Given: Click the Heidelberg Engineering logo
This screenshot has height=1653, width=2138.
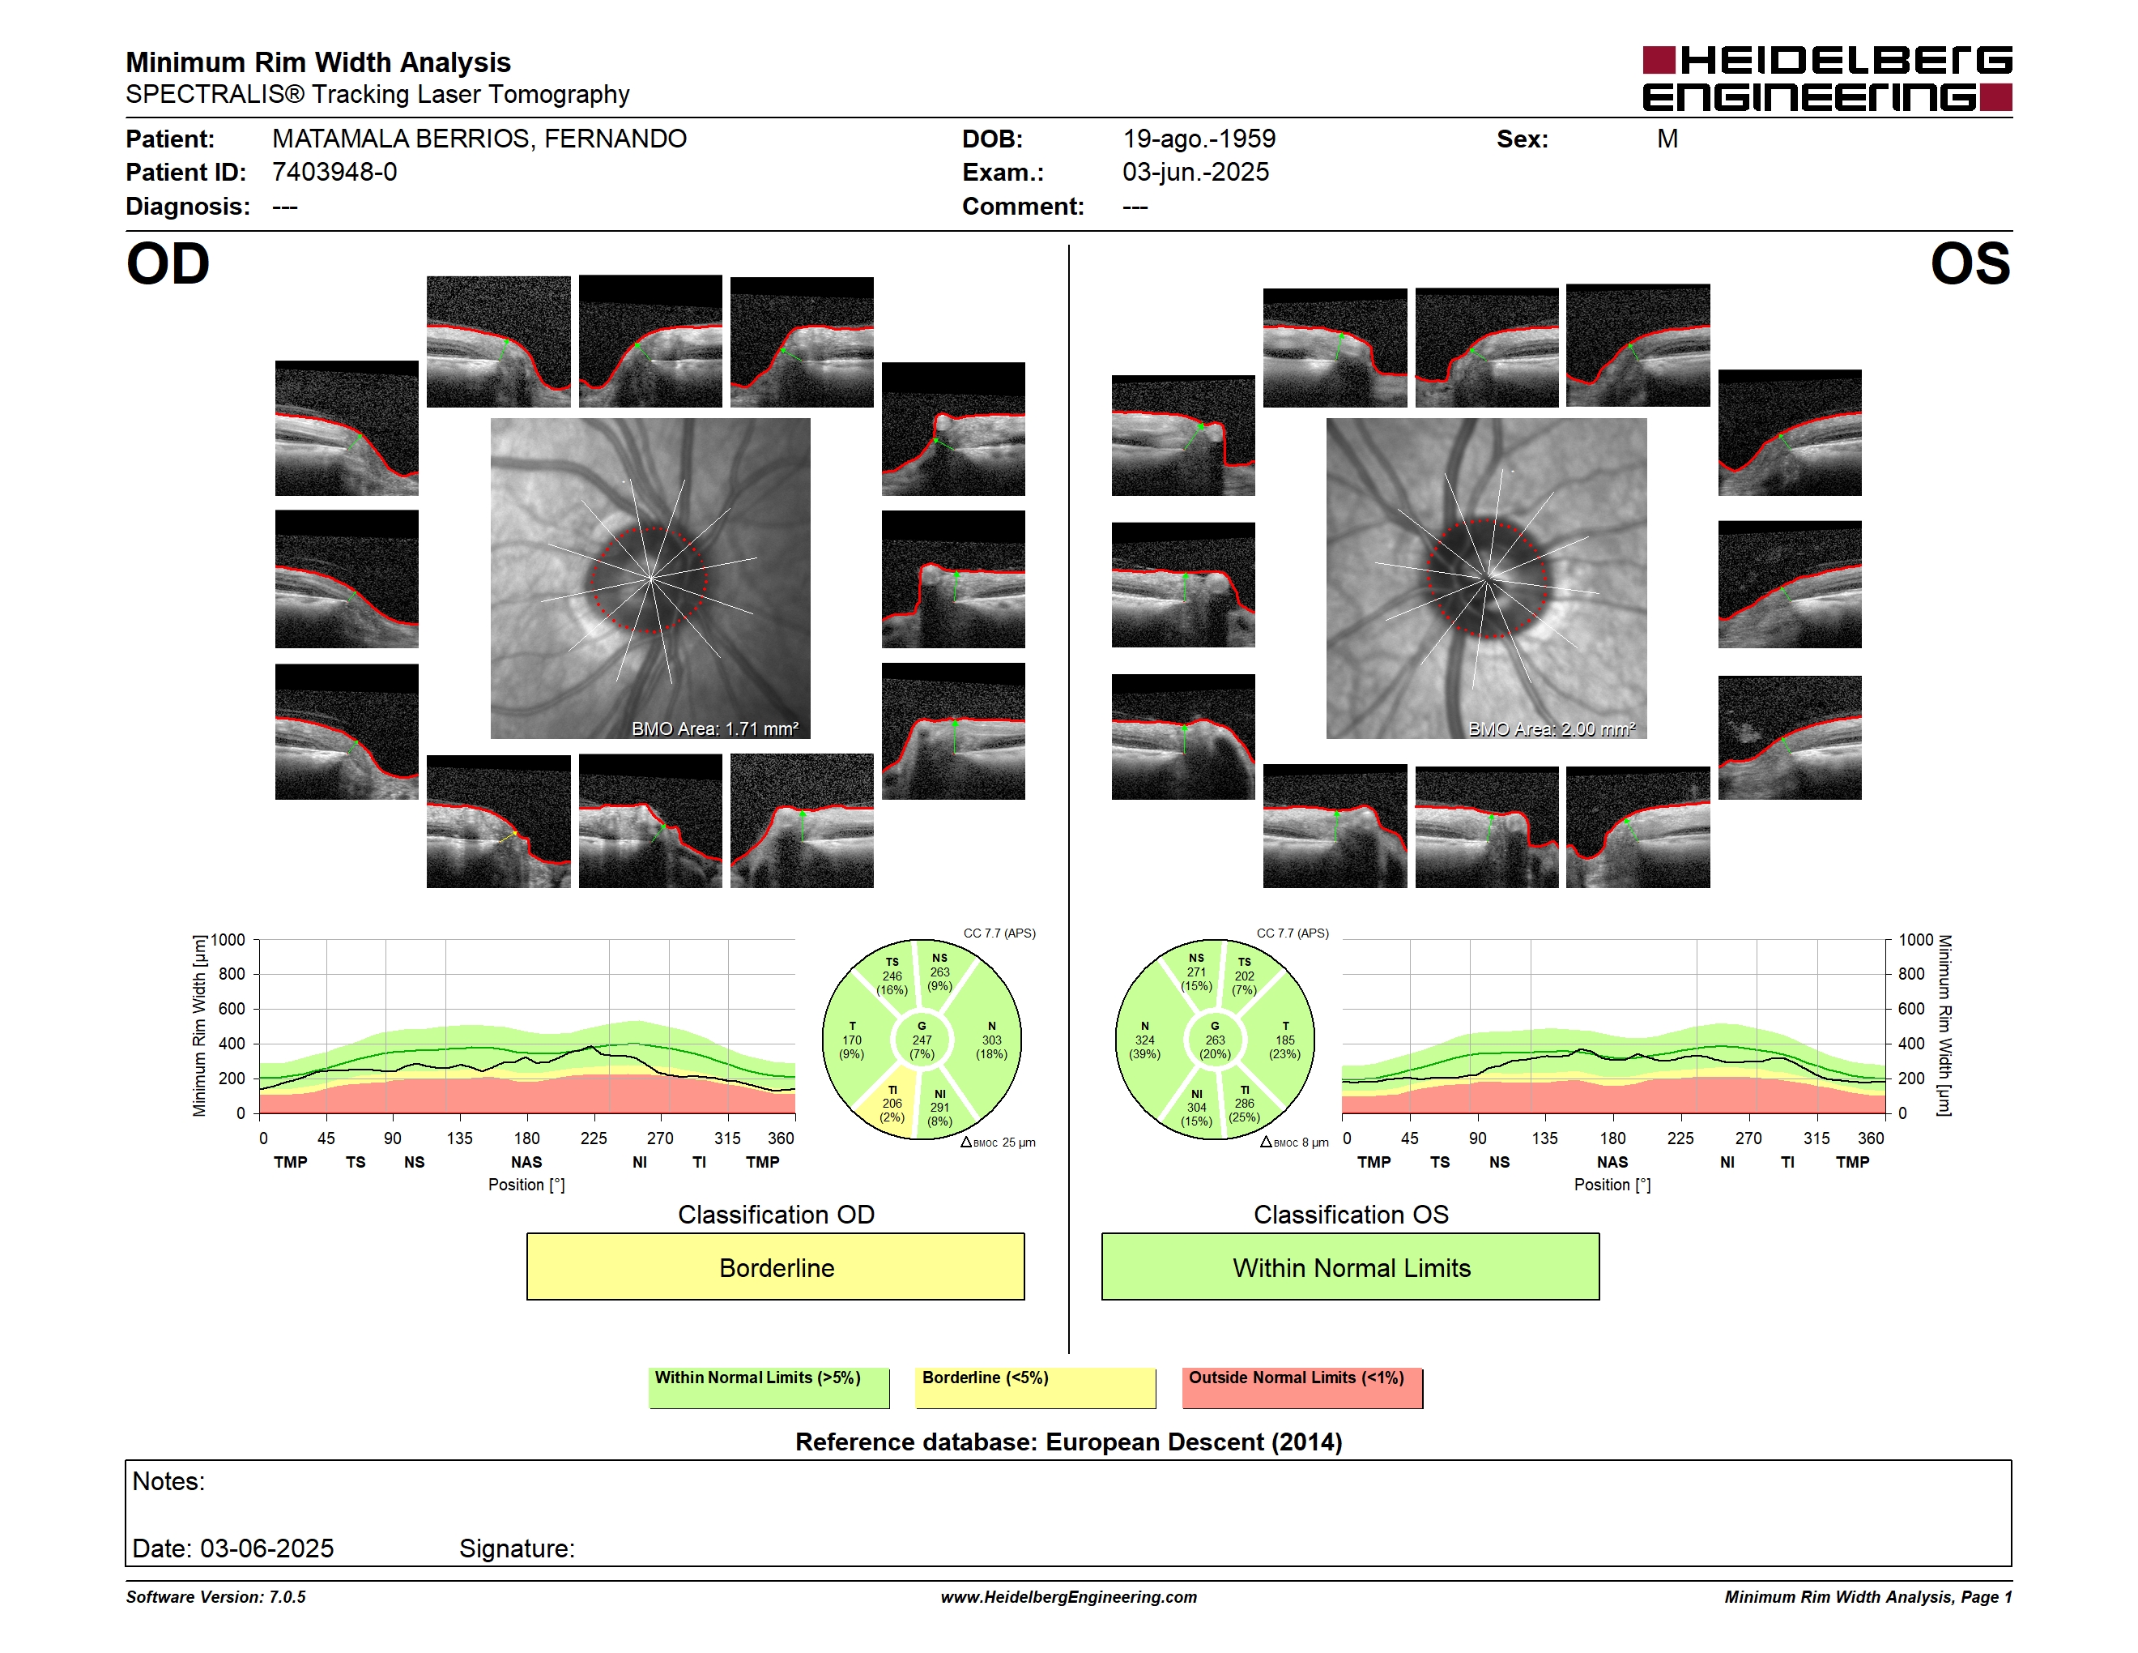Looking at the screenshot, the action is pyautogui.click(x=1827, y=79).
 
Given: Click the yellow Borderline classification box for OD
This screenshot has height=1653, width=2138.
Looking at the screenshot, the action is pyautogui.click(x=775, y=1266).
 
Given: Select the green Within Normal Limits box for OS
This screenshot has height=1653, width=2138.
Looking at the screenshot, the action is pyautogui.click(x=1350, y=1266).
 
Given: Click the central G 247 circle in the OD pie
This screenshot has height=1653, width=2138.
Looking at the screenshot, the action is pyautogui.click(x=921, y=1040).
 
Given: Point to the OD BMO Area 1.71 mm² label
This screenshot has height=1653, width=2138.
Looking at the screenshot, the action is pyautogui.click(x=714, y=728).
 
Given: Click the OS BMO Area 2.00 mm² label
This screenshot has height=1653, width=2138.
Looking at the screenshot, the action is pyautogui.click(x=1552, y=728).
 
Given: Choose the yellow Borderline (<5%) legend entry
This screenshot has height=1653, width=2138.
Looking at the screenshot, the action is pyautogui.click(x=1035, y=1387).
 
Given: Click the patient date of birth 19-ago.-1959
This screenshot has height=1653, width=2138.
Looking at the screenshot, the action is pyautogui.click(x=1199, y=139).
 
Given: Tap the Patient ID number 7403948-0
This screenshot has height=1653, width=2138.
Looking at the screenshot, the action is pyautogui.click(x=334, y=173).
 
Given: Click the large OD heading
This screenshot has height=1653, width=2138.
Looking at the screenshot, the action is pyautogui.click(x=168, y=263).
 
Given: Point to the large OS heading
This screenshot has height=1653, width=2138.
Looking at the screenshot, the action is pyautogui.click(x=1970, y=263).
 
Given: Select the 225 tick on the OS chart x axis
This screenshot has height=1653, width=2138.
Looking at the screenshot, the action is pyautogui.click(x=1680, y=1138).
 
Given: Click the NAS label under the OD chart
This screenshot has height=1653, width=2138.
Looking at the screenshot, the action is pyautogui.click(x=526, y=1163).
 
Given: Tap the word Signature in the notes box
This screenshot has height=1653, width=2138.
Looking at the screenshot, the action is pyautogui.click(x=517, y=1548).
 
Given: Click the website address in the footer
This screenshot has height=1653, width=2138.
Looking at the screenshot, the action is pyautogui.click(x=1069, y=1597).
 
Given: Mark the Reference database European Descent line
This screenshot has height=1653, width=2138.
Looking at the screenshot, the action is pyautogui.click(x=1069, y=1442).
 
